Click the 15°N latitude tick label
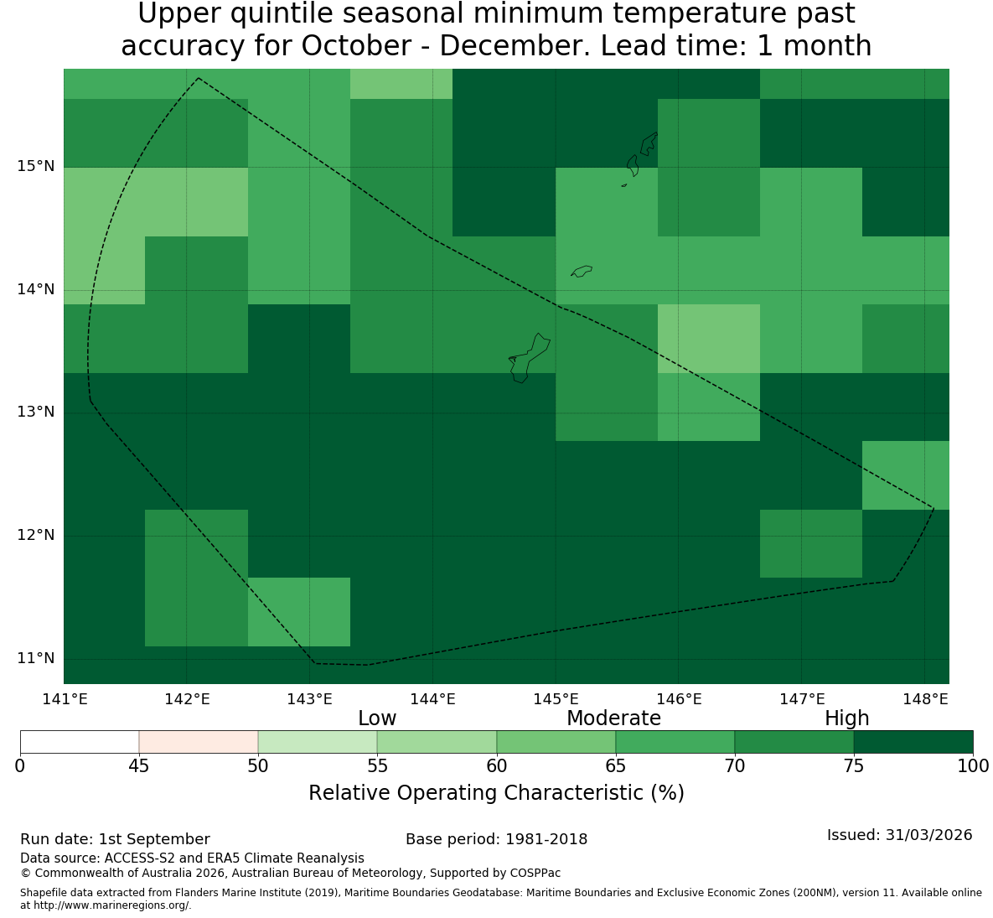click(35, 167)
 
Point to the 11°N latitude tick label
click(35, 659)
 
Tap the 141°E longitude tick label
click(64, 699)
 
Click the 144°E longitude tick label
click(432, 699)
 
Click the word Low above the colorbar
click(377, 718)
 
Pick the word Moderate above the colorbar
click(613, 718)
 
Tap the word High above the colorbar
click(846, 718)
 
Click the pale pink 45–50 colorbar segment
click(199, 742)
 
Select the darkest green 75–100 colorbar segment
click(913, 742)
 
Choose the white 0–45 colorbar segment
click(80, 742)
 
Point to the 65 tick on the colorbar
click(616, 766)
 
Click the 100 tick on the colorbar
click(973, 766)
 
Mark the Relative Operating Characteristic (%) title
click(496, 793)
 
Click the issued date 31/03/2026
click(929, 835)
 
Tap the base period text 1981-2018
click(546, 839)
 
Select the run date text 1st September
click(154, 839)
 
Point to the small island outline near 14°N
click(582, 271)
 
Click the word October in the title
click(356, 46)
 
